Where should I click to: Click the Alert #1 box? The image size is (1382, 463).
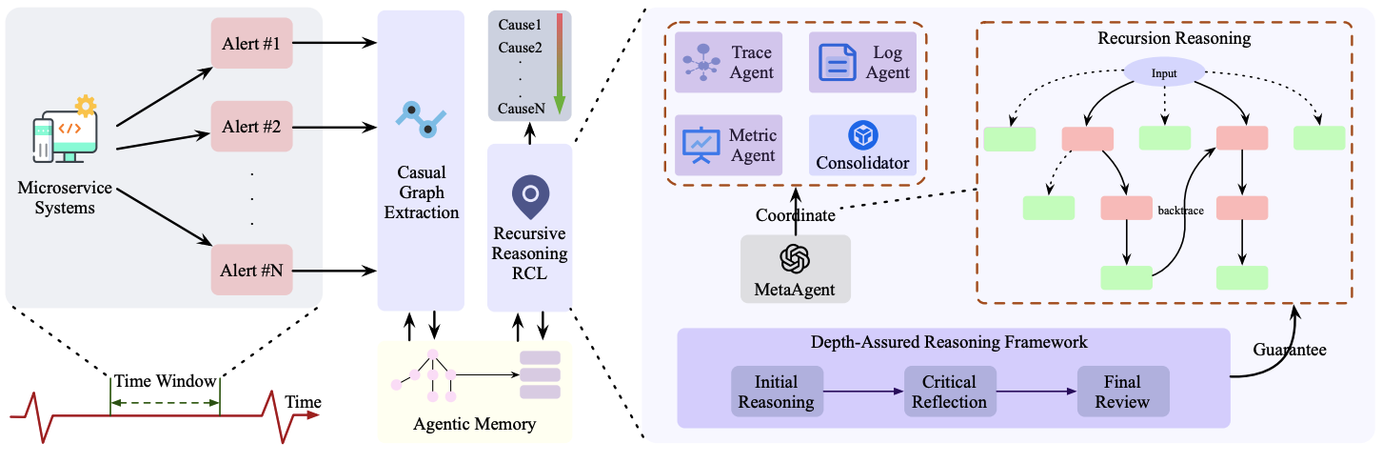click(x=251, y=43)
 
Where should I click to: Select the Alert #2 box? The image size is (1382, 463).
click(x=251, y=126)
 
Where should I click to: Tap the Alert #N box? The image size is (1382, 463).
click(x=251, y=271)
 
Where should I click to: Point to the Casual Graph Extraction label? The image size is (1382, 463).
click(x=421, y=192)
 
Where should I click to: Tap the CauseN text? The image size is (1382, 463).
click(x=521, y=109)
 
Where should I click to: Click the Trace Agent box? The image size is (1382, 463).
click(x=728, y=62)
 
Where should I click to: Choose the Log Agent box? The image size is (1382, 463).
click(x=862, y=62)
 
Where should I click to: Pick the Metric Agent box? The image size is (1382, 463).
click(x=728, y=145)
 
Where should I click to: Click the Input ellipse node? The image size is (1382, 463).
click(x=1164, y=72)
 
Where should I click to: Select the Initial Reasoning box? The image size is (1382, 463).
click(x=777, y=392)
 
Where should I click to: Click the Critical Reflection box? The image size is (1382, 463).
click(x=949, y=392)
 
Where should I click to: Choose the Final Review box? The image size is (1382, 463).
click(x=1122, y=392)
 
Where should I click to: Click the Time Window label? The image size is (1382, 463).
click(x=165, y=381)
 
